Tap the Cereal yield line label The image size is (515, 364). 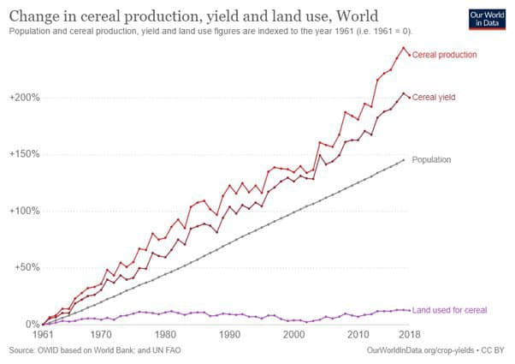click(433, 98)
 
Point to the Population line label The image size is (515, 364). click(431, 160)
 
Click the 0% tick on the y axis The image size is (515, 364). click(31, 325)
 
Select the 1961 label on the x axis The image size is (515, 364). click(43, 336)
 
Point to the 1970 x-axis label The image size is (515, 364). click(101, 336)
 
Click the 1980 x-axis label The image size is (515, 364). click(167, 336)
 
